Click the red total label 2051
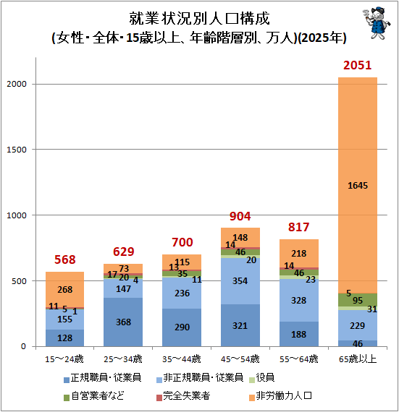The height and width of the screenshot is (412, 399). coord(357,65)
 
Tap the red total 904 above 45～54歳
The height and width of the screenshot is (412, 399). coord(240,216)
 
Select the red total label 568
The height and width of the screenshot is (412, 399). coord(64,259)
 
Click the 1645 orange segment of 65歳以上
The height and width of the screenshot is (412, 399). coord(358,185)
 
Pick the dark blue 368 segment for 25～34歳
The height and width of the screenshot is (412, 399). coord(123,322)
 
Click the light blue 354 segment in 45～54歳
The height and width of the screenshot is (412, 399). coord(240,281)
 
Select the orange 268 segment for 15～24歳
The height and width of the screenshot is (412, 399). coord(64,289)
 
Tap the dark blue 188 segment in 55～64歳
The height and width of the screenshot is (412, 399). coord(299,334)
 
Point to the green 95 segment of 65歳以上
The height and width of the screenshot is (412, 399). coord(358,300)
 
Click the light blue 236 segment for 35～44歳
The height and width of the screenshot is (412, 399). coord(182,293)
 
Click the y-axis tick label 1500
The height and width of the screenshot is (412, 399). coord(17,150)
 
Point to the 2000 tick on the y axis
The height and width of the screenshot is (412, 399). coord(17,84)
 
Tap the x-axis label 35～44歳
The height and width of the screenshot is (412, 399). coord(182,359)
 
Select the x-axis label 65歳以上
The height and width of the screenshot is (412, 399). coord(358,359)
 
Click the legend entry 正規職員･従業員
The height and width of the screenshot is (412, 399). coord(103,378)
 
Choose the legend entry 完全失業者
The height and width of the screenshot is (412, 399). coord(183,395)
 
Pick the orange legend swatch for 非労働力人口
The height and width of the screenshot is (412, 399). coord(252,398)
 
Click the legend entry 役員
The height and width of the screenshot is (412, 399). coord(262,378)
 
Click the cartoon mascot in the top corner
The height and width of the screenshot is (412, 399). coord(377,22)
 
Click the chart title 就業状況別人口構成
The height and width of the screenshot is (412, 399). coord(199,18)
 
